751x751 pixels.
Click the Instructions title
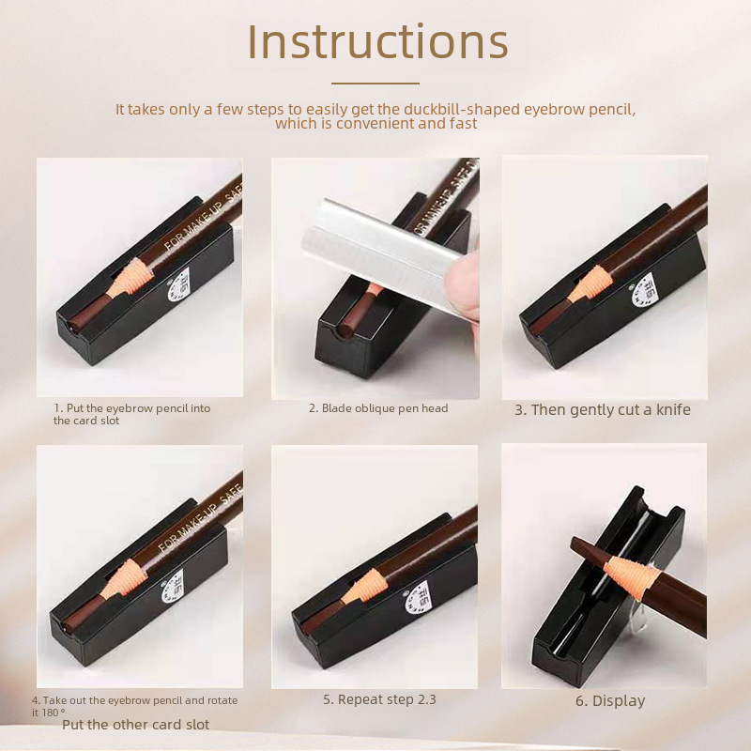coord(377,41)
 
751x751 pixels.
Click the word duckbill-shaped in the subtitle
coord(462,110)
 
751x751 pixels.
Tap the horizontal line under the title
coord(375,84)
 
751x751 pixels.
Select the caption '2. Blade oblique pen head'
coord(378,408)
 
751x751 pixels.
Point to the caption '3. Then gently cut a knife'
coord(603,410)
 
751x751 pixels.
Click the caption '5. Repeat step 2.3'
coord(379,699)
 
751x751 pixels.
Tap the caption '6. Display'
coord(610,701)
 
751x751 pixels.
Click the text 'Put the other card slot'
coord(135,725)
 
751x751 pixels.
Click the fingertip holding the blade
coord(462,286)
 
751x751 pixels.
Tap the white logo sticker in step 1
coord(178,286)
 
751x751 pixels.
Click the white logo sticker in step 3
coord(642,291)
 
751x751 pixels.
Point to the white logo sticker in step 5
coord(418,598)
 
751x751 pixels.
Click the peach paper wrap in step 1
coord(130,278)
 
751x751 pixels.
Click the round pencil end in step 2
coord(344,330)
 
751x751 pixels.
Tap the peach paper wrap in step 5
coord(364,588)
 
